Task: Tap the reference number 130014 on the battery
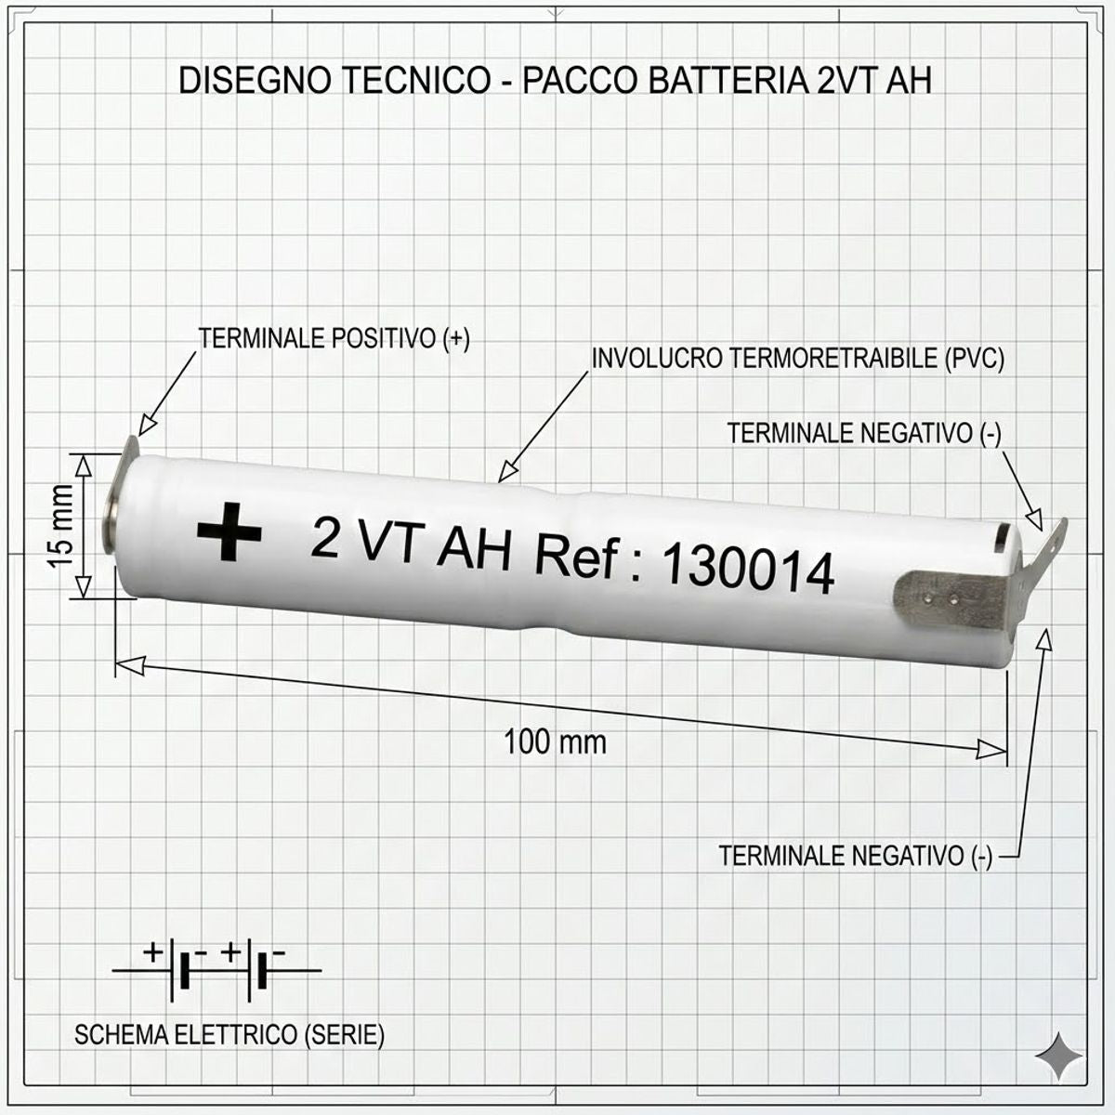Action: [747, 569]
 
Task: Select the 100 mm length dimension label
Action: [555, 741]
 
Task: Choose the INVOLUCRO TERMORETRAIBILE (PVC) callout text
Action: [798, 359]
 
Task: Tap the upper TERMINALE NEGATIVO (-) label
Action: [864, 433]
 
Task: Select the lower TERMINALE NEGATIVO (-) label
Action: [855, 856]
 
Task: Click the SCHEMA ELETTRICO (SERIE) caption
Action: [230, 1035]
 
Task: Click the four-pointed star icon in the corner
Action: [1056, 1056]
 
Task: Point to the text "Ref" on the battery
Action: [576, 557]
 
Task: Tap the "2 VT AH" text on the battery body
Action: [411, 545]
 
